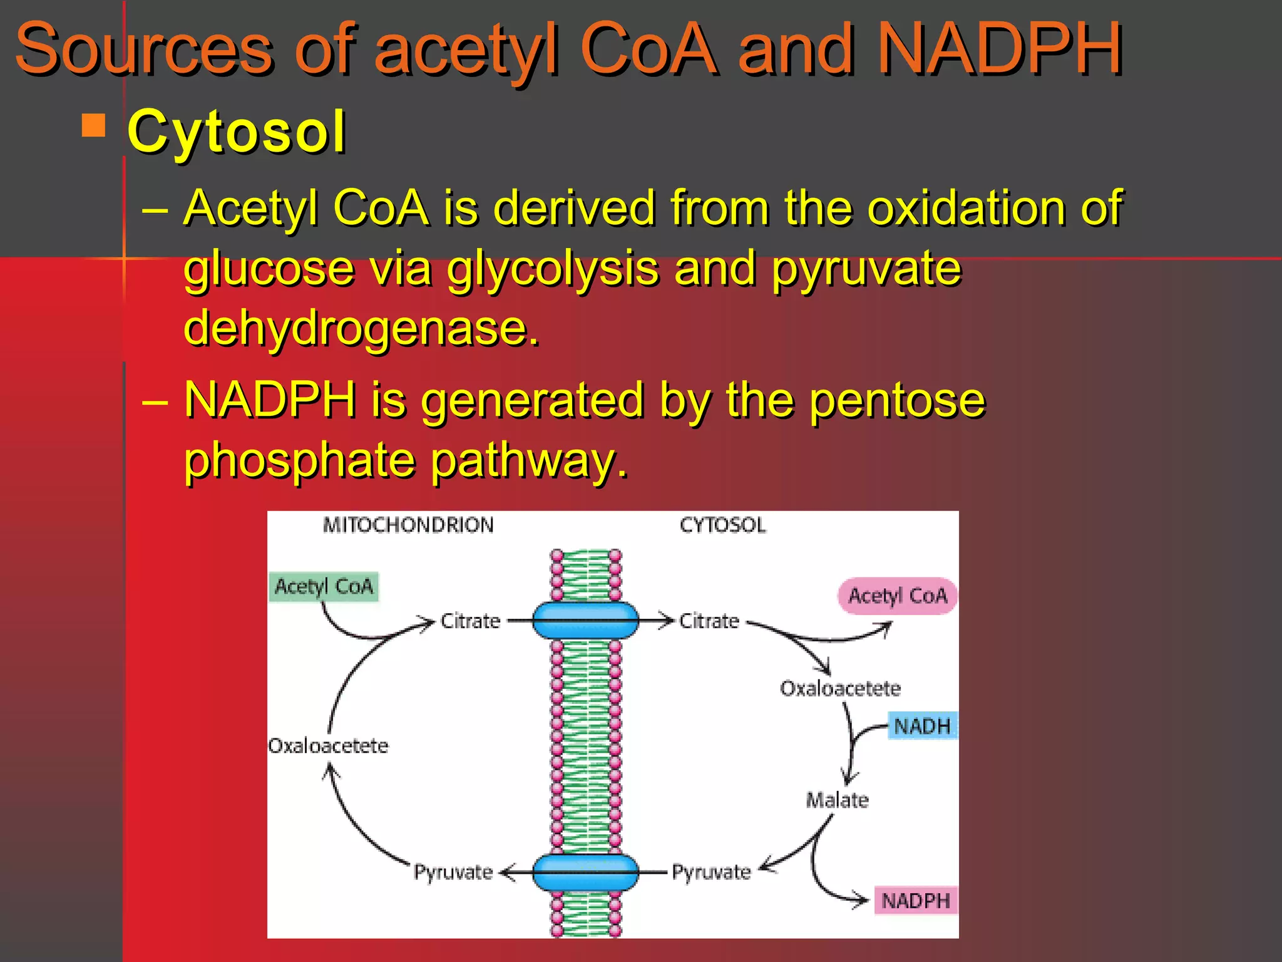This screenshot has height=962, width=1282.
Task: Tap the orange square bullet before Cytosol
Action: click(94, 125)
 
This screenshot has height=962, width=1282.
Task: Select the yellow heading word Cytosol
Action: click(236, 132)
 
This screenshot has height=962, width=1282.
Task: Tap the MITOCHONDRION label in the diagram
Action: click(408, 525)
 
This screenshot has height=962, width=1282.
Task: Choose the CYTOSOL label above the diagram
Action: click(722, 525)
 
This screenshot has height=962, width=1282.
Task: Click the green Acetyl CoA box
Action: click(324, 586)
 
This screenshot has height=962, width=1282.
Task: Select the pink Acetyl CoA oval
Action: click(897, 596)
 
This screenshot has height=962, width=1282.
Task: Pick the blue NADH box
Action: click(922, 727)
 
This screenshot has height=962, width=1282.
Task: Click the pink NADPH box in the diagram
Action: click(915, 901)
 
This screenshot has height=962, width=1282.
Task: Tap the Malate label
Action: click(837, 800)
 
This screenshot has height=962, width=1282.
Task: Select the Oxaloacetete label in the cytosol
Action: click(840, 688)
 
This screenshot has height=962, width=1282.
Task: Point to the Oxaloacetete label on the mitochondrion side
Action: click(328, 745)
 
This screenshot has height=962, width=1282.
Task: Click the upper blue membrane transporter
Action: click(585, 621)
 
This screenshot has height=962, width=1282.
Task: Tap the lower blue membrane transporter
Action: click(585, 872)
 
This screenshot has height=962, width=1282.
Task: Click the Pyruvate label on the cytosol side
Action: click(711, 872)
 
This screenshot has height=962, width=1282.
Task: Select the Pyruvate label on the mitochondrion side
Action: click(453, 872)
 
